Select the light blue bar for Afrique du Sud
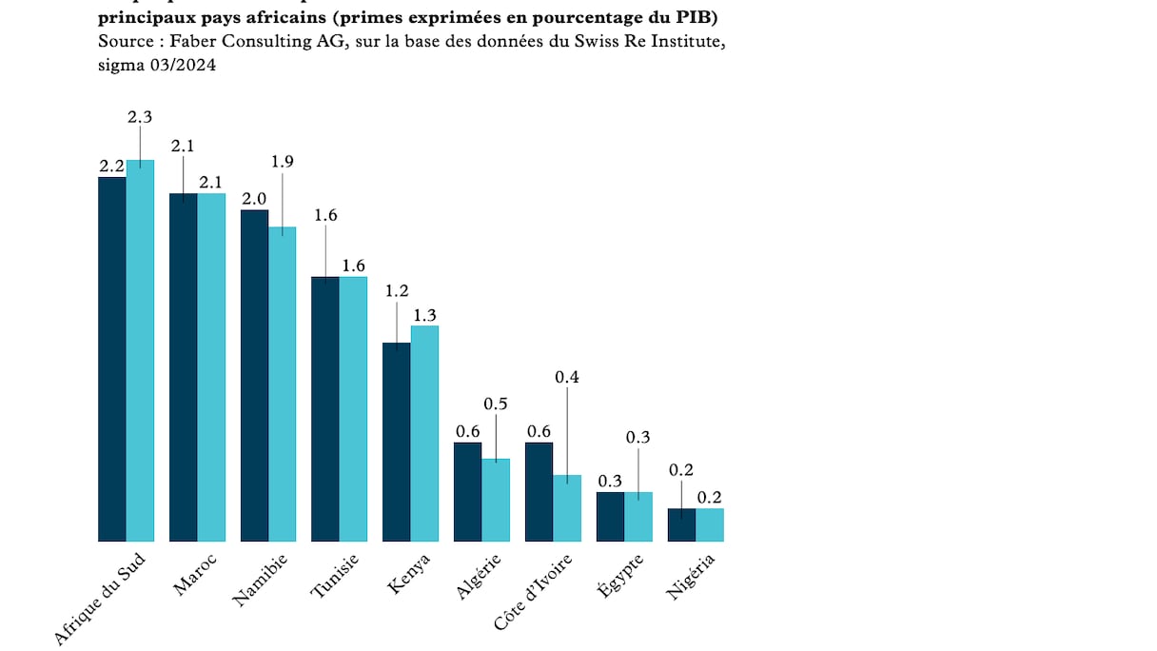click(141, 351)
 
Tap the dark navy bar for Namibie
click(254, 376)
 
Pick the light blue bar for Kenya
click(424, 434)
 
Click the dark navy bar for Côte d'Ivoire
click(539, 492)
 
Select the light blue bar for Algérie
click(496, 501)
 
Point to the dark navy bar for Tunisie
click(325, 409)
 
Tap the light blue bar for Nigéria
click(710, 525)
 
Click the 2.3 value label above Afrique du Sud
click(140, 117)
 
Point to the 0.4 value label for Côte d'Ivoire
click(567, 377)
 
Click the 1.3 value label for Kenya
click(424, 315)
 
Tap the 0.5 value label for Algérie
click(496, 404)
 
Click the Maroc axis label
click(195, 574)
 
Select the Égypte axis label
click(620, 575)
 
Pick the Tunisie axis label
click(335, 577)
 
